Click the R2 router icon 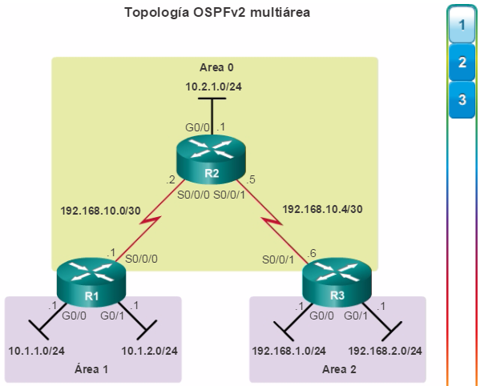click(212, 159)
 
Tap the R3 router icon click(337, 282)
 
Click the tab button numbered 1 click(462, 25)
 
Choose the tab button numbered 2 click(462, 62)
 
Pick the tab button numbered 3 click(462, 100)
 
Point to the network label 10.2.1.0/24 click(213, 86)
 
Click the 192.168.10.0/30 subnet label click(100, 211)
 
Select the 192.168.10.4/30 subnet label click(322, 209)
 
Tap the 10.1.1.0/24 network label click(36, 351)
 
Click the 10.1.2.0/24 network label click(149, 351)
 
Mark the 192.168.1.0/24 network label click(288, 351)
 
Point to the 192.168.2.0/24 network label click(385, 351)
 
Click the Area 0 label click(216, 67)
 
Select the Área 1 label click(91, 369)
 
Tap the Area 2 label click(339, 369)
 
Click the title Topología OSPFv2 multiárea click(217, 13)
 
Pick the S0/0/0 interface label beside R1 click(141, 259)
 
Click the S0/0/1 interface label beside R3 click(278, 259)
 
